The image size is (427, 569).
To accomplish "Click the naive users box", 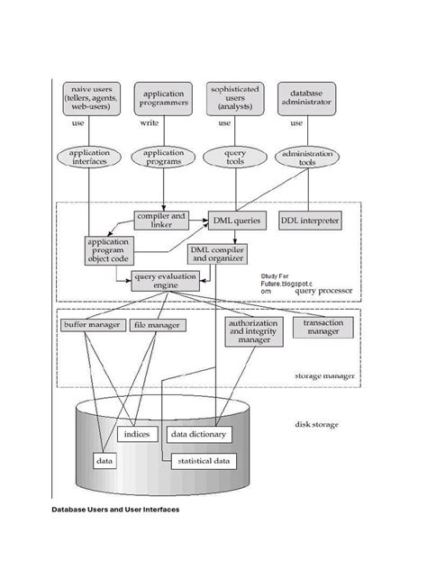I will click(92, 99).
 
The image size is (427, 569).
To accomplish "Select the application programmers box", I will click(163, 99).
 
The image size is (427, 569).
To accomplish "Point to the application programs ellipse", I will click(163, 158).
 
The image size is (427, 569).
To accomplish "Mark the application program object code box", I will click(108, 251).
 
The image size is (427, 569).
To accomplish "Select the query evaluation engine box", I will click(164, 281).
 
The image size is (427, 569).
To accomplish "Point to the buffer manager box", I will click(91, 324).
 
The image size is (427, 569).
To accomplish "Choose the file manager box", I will click(156, 324).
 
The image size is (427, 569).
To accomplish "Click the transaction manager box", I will click(321, 328).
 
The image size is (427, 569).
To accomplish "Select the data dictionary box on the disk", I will click(198, 434).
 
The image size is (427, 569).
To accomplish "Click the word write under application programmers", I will click(150, 123).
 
